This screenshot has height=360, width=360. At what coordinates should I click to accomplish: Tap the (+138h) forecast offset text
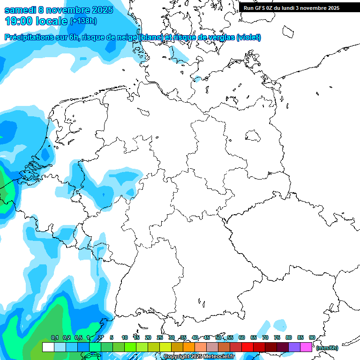pyautogui.click(x=83, y=21)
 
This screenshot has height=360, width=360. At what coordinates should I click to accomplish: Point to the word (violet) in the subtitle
pyautogui.click(x=249, y=37)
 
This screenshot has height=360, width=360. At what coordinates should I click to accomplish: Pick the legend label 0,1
pyautogui.click(x=54, y=338)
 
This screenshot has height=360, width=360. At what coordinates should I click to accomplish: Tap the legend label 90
pyautogui.click(x=312, y=338)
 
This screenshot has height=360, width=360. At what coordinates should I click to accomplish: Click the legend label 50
pyautogui.click(x=218, y=338)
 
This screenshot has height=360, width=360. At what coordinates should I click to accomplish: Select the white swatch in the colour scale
pyautogui.click(x=48, y=347)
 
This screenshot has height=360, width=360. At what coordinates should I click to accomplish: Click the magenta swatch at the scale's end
pyautogui.click(x=306, y=347)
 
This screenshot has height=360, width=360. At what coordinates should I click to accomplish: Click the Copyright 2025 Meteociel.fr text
pyautogui.click(x=198, y=357)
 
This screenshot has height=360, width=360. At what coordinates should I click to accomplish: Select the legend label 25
pyautogui.click(x=160, y=338)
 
